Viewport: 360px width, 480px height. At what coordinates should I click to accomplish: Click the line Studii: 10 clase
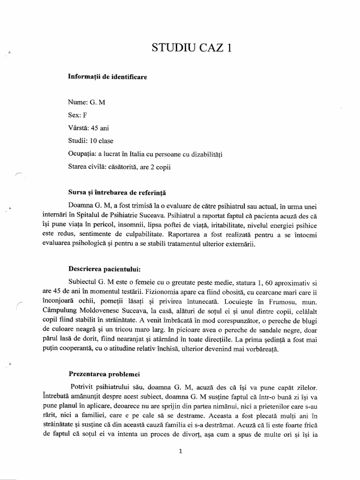92,141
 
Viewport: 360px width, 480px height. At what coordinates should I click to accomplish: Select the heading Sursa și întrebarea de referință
114,193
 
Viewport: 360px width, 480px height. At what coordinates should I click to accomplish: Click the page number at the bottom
180,452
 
